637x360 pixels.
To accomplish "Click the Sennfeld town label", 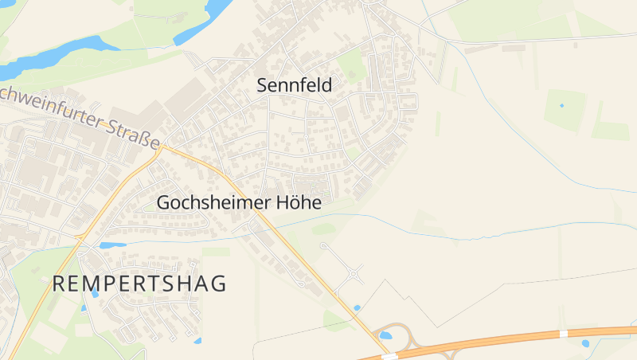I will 294,85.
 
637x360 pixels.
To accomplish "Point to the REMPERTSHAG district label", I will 139,284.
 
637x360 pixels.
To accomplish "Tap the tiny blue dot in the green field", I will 561,105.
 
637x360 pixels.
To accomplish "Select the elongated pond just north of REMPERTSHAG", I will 113,245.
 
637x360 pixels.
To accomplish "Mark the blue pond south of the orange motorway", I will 585,343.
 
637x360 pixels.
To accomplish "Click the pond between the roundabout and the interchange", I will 356,307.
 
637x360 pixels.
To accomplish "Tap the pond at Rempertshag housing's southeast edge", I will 197,340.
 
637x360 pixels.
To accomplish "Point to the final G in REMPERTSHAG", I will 219,284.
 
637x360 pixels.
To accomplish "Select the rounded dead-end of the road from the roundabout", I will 323,246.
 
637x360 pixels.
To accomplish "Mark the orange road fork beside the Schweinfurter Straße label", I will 162,147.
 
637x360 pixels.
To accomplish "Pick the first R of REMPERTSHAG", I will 59,284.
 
